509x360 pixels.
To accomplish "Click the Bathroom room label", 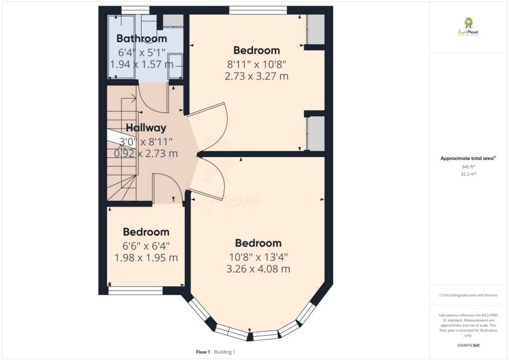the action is (142, 38).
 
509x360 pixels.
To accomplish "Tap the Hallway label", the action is (146, 128).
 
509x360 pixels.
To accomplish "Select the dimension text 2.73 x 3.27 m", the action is (256, 76).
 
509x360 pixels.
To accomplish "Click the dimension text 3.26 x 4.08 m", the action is (258, 269).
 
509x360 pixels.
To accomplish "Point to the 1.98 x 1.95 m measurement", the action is (146, 258).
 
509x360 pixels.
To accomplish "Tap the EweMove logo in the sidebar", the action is (468, 27).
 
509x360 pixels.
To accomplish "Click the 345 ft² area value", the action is (468, 167).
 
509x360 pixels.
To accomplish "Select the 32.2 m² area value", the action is (468, 174).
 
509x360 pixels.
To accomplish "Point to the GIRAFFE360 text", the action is (468, 346).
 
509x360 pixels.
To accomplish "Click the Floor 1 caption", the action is (203, 352).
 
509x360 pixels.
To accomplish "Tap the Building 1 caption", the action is (224, 352).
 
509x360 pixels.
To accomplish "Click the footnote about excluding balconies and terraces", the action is (468, 295).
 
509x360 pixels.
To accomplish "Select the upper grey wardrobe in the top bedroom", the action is (316, 29).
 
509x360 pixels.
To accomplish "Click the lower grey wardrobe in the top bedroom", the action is (316, 133).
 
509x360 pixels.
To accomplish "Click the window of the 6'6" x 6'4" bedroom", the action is (135, 290).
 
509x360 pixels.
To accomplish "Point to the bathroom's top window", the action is (135, 10).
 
